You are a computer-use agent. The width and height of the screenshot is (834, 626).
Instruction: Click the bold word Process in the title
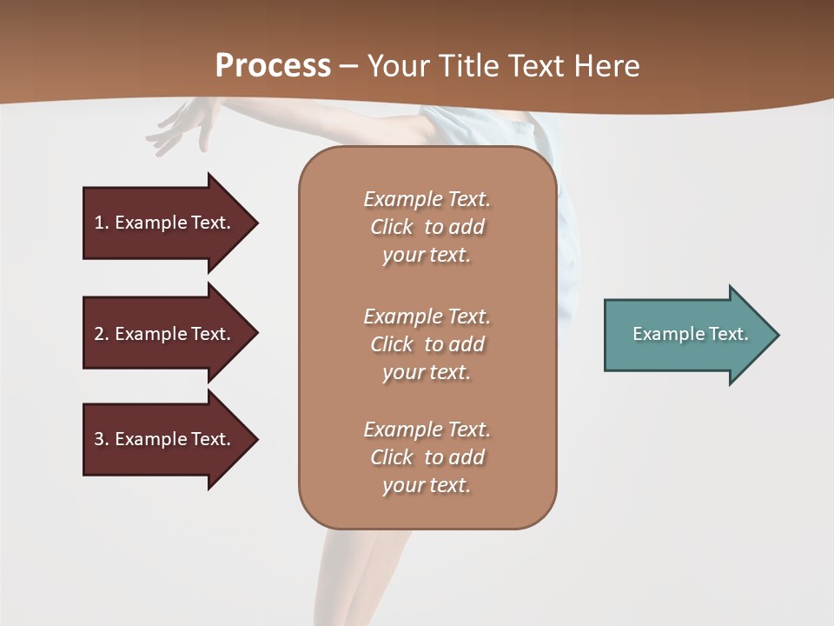click(273, 66)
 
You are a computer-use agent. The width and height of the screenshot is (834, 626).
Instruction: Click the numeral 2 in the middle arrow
click(99, 334)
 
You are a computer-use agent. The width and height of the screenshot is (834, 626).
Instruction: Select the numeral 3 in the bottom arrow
click(99, 439)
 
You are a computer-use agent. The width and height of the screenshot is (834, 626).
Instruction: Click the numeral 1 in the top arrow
click(99, 223)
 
